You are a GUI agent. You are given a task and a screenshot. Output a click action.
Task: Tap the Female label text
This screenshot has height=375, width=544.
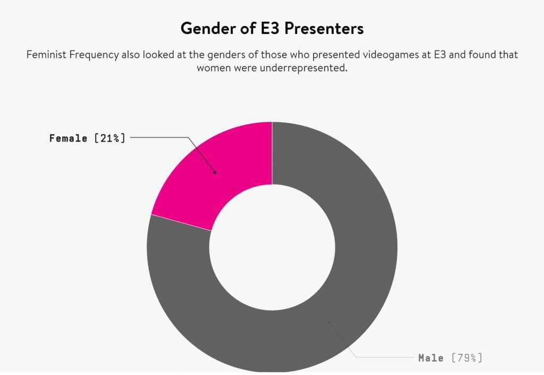click(68, 138)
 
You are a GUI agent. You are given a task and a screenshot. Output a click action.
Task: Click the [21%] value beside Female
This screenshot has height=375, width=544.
click(109, 138)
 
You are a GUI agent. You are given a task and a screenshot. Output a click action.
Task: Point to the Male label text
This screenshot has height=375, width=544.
click(431, 358)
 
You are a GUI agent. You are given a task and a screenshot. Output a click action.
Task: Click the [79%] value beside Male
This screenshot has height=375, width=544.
click(467, 358)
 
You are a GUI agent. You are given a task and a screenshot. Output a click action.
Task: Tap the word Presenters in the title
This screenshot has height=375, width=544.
click(324, 29)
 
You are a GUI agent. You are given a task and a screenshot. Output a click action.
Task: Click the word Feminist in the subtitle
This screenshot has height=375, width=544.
click(46, 55)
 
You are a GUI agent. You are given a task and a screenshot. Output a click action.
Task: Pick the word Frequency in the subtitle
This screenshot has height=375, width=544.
click(94, 55)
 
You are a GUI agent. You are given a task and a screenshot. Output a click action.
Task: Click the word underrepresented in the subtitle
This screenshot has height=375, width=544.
click(303, 68)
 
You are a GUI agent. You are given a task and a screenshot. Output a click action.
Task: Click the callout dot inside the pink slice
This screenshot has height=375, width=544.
click(215, 172)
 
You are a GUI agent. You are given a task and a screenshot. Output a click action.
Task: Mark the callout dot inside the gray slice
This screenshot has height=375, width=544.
click(329, 322)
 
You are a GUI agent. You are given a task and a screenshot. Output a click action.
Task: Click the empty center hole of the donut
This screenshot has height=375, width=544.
click(273, 247)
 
